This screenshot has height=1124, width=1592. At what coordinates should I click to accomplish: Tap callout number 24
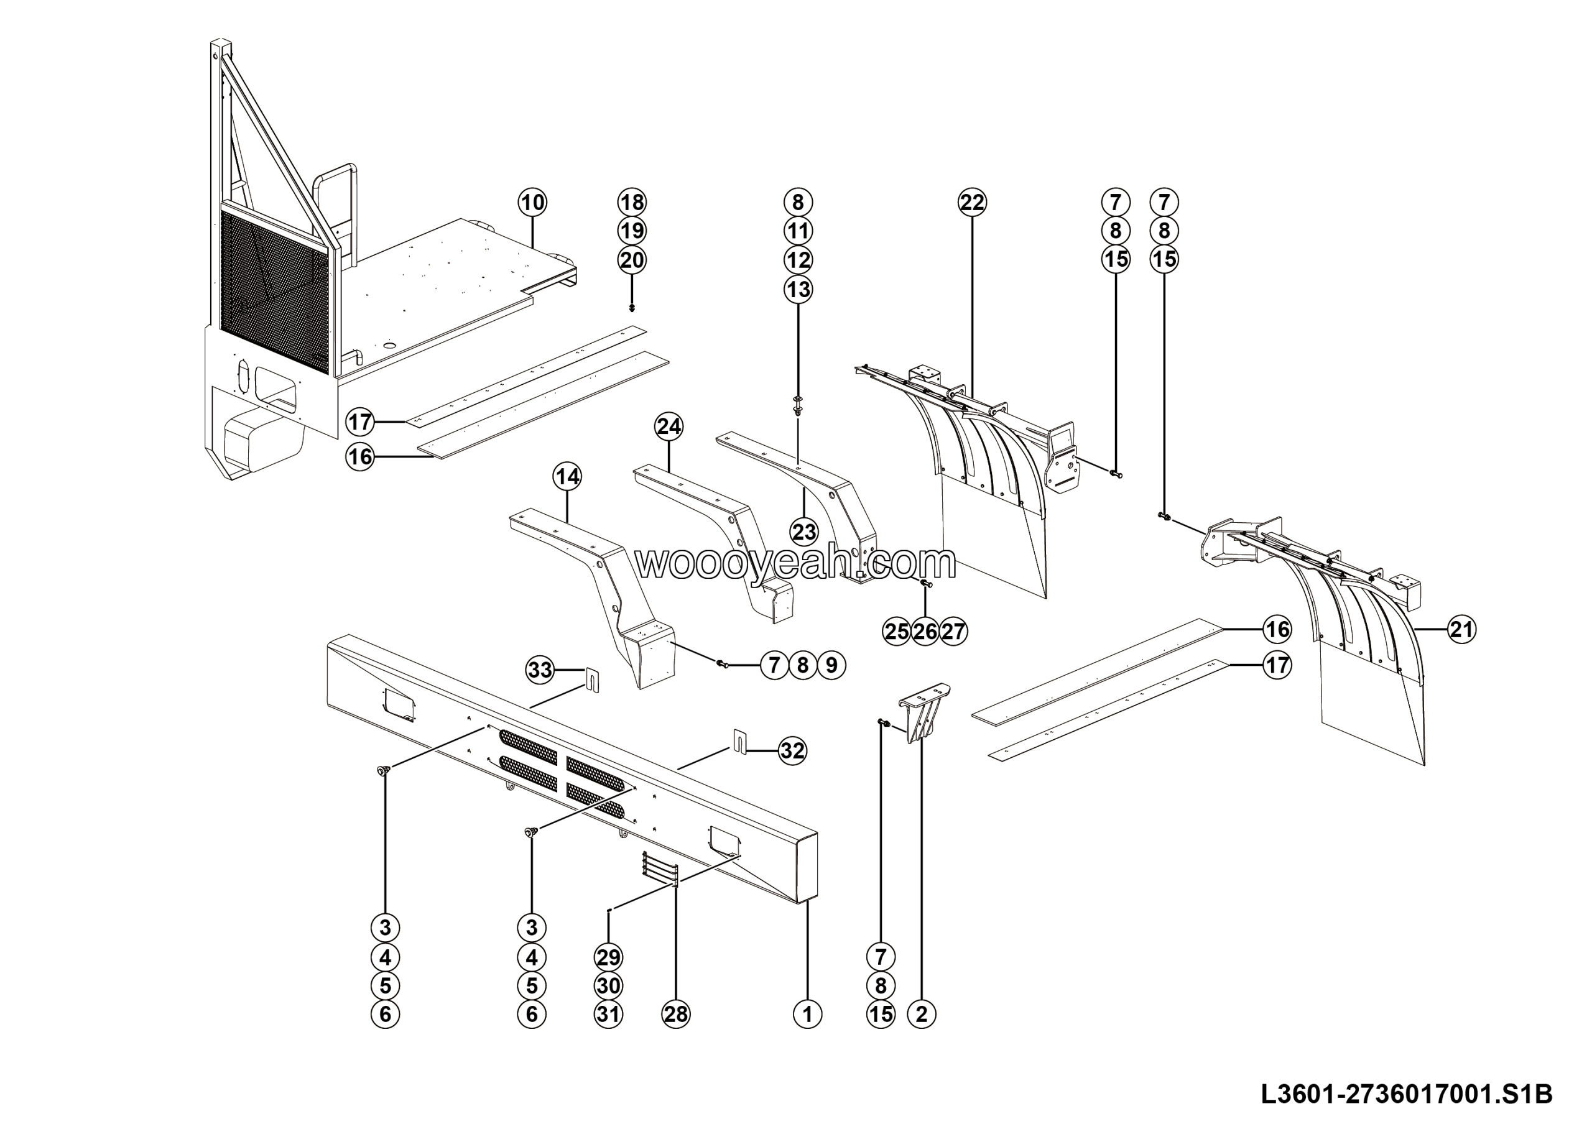coord(669,426)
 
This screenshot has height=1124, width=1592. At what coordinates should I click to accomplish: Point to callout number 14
coord(567,477)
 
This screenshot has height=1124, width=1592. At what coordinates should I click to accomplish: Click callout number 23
coord(803,532)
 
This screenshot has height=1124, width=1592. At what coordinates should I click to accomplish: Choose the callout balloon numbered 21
coord(1461,629)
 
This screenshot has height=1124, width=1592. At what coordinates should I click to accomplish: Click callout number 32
coord(792,750)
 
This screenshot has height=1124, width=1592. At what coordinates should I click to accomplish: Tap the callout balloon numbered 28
coord(676,1015)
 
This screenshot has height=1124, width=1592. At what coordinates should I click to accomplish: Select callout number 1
coord(807,1015)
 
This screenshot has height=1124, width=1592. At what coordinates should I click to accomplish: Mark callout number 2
coord(922,1015)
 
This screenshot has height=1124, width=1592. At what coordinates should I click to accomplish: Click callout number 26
coord(925,631)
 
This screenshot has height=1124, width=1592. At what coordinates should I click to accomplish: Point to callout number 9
coord(831,665)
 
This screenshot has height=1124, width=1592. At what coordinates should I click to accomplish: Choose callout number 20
coord(632,260)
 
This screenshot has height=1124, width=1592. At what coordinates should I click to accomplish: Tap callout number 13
coord(798,289)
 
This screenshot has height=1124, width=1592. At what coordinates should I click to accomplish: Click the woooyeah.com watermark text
coord(796,563)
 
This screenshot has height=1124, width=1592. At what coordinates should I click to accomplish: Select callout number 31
coord(608,1015)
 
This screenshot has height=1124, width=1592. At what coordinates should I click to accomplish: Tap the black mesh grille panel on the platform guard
coord(275,291)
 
